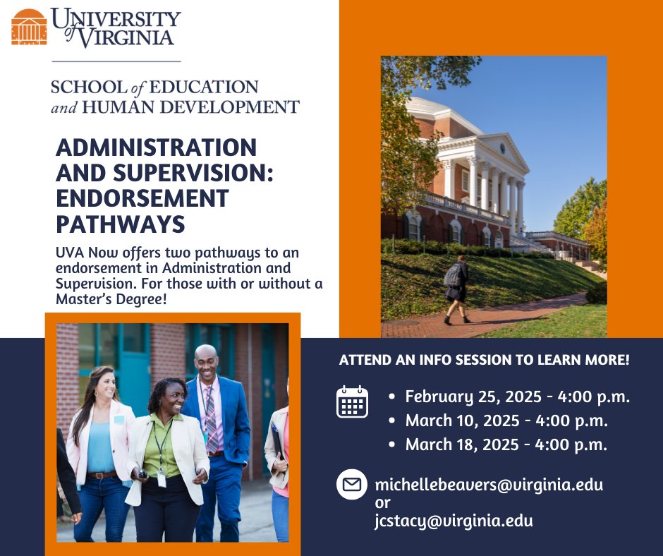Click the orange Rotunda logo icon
click(x=29, y=27)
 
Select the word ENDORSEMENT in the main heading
click(x=142, y=198)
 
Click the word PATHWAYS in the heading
click(x=120, y=223)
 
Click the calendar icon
click(x=352, y=402)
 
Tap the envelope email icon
click(x=352, y=485)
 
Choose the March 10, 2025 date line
click(x=506, y=421)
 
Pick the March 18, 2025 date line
click(x=506, y=445)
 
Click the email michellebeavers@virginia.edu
click(x=489, y=485)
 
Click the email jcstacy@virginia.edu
click(x=454, y=521)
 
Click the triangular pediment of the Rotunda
click(x=503, y=149)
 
